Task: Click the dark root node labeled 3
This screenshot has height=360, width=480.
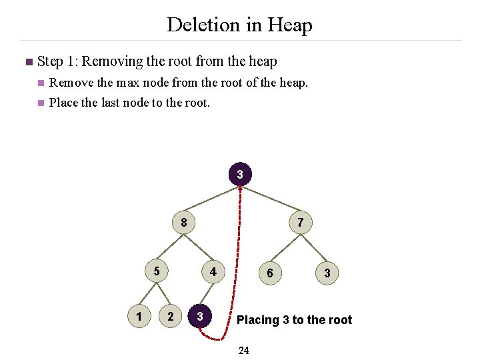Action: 240,175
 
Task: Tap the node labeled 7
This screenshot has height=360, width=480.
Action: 301,223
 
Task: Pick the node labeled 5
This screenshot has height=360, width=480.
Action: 156,271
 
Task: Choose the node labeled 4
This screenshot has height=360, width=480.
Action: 213,272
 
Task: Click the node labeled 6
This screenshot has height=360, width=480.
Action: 269,273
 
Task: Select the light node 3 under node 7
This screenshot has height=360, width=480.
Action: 327,273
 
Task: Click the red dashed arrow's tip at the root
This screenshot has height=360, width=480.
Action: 241,188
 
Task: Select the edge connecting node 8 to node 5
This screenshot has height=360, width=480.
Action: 170,247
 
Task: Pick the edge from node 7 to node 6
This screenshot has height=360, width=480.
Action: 285,247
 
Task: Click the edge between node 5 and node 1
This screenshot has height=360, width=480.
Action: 147,294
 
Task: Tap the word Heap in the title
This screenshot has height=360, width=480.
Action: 289,25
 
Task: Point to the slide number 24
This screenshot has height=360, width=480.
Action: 243,351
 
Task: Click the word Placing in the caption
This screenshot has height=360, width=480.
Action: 258,320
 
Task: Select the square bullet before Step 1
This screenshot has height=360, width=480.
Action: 28,63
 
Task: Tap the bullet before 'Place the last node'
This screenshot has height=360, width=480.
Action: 41,103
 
